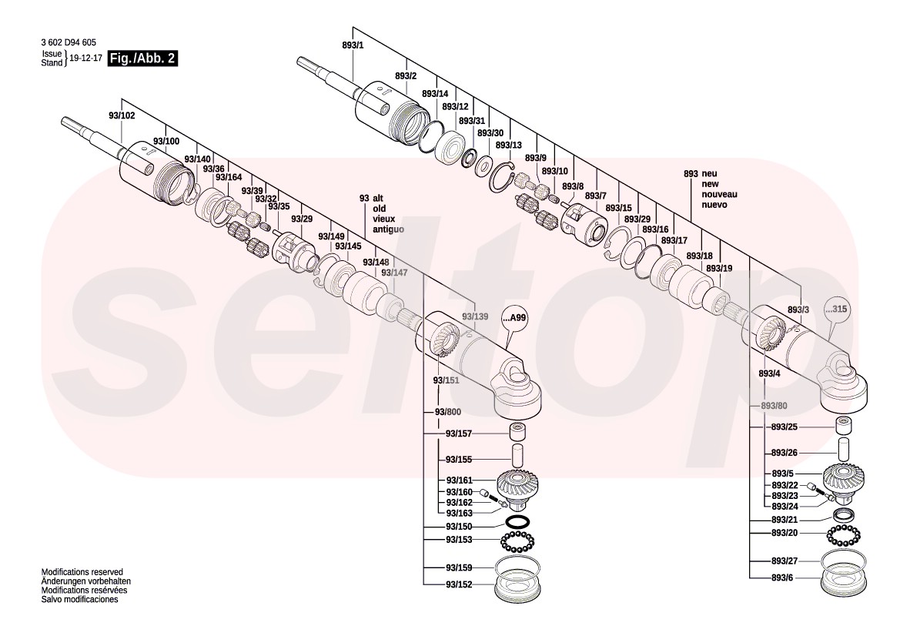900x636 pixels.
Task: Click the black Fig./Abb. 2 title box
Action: pyautogui.click(x=143, y=58)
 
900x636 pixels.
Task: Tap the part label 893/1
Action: pyautogui.click(x=353, y=45)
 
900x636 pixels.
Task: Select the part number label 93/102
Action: pyautogui.click(x=122, y=115)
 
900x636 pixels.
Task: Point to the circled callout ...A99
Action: pyautogui.click(x=514, y=319)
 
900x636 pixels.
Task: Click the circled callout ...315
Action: pyautogui.click(x=836, y=310)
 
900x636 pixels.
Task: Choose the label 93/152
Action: pyautogui.click(x=459, y=585)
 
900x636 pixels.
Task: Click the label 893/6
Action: pyautogui.click(x=781, y=578)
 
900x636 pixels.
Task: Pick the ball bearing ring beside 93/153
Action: pyautogui.click(x=517, y=541)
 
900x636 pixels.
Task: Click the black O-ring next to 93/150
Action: pyautogui.click(x=517, y=522)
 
